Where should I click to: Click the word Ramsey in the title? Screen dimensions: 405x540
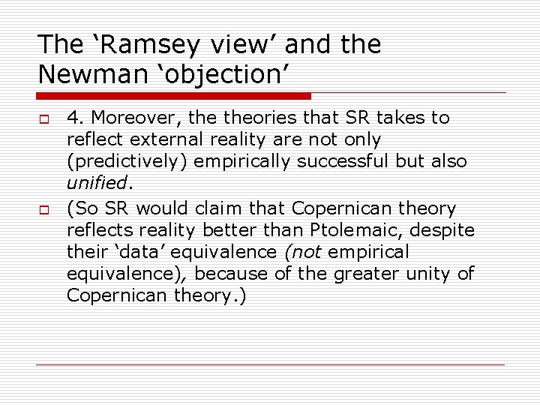click(x=147, y=45)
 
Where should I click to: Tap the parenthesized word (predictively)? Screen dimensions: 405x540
click(x=133, y=162)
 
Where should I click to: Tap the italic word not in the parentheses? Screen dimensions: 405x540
click(x=302, y=251)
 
